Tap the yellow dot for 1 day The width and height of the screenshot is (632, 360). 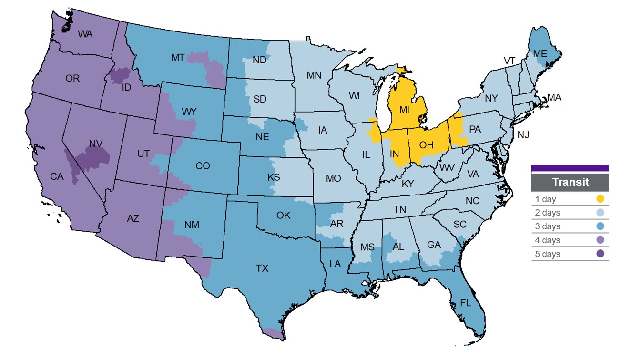[x=601, y=199]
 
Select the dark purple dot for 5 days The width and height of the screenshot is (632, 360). [x=601, y=254]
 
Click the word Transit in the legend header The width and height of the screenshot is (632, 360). [x=571, y=182]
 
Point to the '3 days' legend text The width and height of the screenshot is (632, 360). [x=548, y=226]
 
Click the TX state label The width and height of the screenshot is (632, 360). [x=262, y=268]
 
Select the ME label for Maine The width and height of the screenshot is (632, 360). [x=540, y=54]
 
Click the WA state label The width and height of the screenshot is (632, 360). [x=85, y=34]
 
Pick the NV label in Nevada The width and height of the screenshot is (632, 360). [x=96, y=144]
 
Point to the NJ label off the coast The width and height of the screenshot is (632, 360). [x=523, y=135]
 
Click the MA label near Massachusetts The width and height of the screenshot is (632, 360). [x=554, y=98]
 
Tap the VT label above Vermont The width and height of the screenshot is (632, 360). [x=510, y=60]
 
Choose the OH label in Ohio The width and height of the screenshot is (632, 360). [x=427, y=145]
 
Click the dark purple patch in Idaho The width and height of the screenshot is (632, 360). [x=120, y=75]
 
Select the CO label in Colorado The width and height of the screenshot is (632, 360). [x=203, y=166]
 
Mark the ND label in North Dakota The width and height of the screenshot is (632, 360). [x=259, y=61]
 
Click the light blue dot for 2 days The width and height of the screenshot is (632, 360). [x=601, y=213]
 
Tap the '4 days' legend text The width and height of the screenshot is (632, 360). [x=548, y=240]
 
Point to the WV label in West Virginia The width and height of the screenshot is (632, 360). [x=447, y=167]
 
